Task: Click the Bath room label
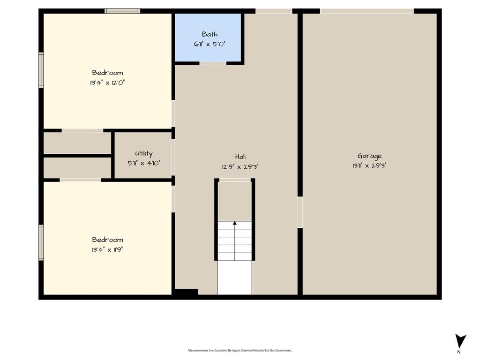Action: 210,34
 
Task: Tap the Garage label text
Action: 369,156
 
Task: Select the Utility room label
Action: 143,153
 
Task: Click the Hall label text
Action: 240,157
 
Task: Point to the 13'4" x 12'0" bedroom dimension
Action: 107,82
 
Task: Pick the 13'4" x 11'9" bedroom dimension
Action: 107,249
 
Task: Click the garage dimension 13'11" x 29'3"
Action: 369,165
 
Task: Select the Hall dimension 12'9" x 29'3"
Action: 240,167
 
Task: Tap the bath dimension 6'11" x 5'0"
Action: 210,44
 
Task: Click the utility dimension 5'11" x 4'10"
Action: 144,163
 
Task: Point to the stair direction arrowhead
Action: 235,223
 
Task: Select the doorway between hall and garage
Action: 300,212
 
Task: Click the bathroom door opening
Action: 213,63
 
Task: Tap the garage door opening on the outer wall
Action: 367,11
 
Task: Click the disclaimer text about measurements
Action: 240,350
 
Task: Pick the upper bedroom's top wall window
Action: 122,11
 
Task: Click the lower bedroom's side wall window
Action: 41,243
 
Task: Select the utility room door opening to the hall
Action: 173,157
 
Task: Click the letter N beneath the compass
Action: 458,352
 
